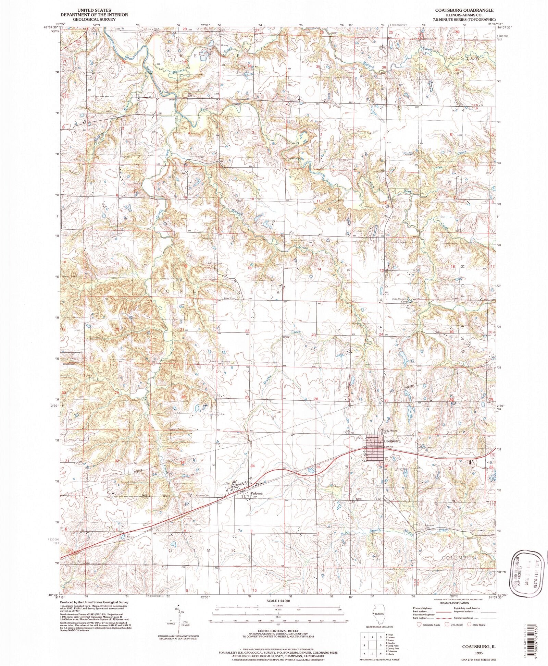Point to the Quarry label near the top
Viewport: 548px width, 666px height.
(x=215, y=45)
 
